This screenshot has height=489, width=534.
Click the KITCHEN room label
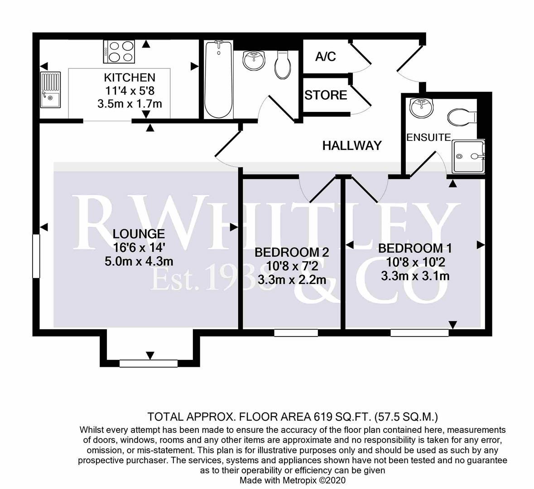click(130, 77)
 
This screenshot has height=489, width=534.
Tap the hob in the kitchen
click(120, 52)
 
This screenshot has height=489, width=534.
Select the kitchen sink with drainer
click(50, 90)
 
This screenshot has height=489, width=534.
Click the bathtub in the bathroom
click(219, 79)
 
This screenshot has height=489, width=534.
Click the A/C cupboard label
click(325, 57)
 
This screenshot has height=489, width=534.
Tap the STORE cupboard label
click(326, 95)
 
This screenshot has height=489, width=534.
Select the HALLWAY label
click(352, 145)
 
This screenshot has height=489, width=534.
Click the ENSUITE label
click(428, 137)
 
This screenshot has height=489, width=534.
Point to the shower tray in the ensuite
click(468, 156)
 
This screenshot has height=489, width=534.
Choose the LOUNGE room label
click(139, 234)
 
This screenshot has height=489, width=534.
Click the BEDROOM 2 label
click(292, 252)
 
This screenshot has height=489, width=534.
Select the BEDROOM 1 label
click(415, 248)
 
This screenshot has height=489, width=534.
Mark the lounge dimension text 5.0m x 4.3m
click(139, 261)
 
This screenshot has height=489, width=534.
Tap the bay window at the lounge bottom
click(148, 363)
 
